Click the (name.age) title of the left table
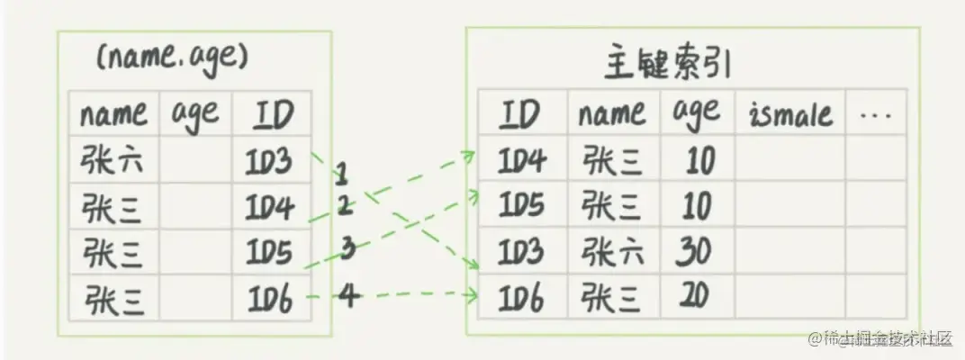[170, 60]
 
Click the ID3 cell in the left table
[268, 162]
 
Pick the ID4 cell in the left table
[269, 208]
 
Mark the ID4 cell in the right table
[520, 162]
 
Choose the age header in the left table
[195, 114]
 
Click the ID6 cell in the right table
[520, 296]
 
